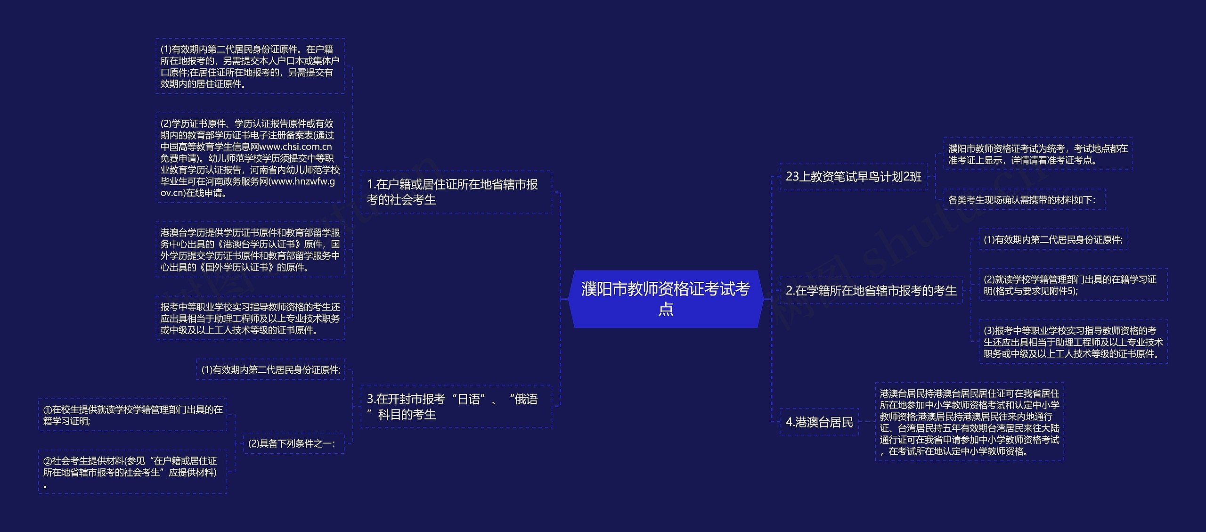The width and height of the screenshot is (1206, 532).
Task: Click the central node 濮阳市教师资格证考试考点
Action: tap(665, 299)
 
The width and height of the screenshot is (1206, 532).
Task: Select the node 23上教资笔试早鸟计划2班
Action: tap(853, 177)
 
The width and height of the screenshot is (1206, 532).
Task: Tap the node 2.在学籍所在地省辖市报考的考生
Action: tap(871, 291)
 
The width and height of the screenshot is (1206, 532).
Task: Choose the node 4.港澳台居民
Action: tap(819, 422)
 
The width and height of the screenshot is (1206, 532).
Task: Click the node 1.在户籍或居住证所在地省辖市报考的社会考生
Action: tap(456, 192)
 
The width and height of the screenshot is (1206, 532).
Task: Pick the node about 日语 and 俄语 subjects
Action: tap(456, 407)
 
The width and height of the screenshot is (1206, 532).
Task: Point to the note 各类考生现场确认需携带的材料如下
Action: tap(1023, 200)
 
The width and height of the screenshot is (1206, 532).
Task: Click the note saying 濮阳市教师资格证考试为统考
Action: tap(1037, 155)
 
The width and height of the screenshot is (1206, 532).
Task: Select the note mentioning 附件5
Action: tap(1073, 285)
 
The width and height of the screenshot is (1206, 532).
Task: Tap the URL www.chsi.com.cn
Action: tap(295, 147)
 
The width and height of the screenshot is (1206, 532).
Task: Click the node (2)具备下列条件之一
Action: tap(293, 444)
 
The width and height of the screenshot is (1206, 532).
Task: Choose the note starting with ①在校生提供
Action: tap(133, 416)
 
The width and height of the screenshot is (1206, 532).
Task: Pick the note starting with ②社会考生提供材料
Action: tap(133, 472)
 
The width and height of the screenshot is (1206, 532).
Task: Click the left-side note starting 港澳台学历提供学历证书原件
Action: tap(250, 250)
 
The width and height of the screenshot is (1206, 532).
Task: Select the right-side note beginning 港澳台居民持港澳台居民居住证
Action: tap(969, 422)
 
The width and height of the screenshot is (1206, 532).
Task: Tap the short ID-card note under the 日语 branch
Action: tap(270, 370)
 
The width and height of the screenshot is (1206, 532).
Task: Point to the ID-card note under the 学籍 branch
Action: tap(1052, 240)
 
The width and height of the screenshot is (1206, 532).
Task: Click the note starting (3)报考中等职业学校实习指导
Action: tap(1073, 342)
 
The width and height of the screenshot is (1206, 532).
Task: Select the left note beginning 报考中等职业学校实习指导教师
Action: tap(250, 319)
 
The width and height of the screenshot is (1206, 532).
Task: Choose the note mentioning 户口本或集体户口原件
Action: tap(250, 66)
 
